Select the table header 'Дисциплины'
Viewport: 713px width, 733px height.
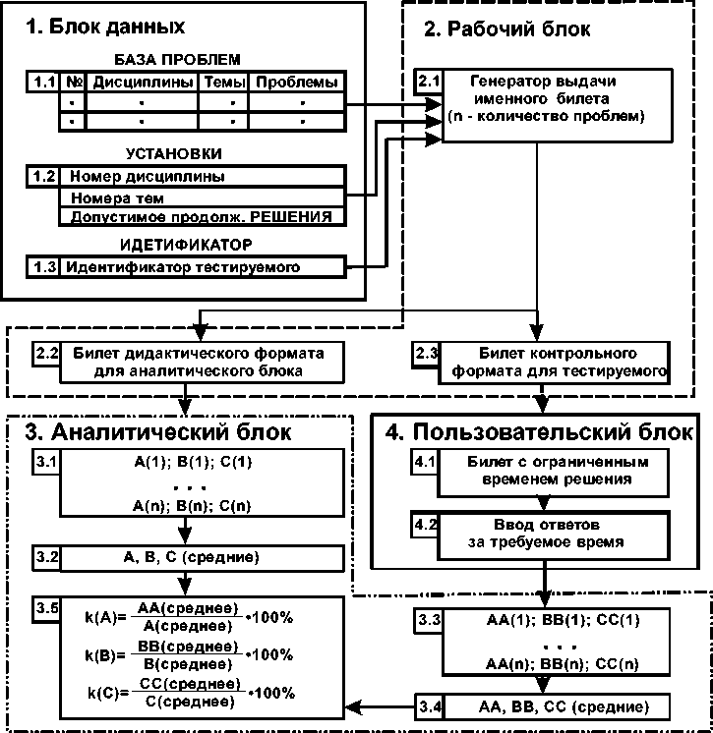coord(142,83)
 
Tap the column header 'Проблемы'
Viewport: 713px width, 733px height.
coord(296,83)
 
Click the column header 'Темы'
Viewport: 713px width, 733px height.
coord(223,83)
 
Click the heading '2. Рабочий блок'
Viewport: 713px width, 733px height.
coord(506,29)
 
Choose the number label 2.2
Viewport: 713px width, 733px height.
coord(46,353)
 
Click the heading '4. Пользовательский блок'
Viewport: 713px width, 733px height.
coord(538,432)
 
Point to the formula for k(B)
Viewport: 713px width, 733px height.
coord(202,653)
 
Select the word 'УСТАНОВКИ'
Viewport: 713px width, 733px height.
coord(173,154)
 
